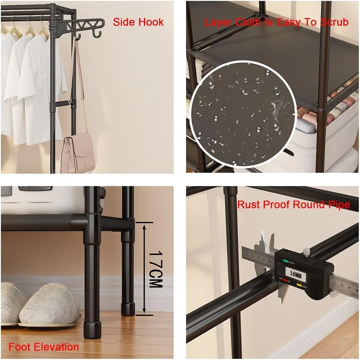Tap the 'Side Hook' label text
coord(138,22)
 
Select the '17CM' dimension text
coord(156,269)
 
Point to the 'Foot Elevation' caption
coord(44,347)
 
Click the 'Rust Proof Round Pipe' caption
coord(293,204)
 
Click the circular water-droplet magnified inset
coord(243,115)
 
